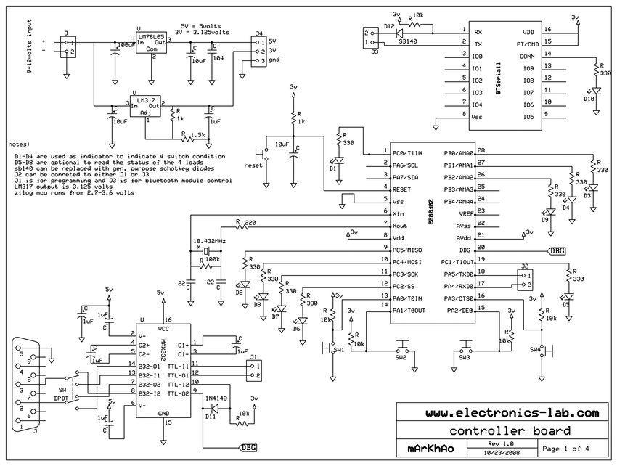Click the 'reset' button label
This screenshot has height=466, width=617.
click(x=253, y=165)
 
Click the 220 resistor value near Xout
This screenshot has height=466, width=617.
click(x=251, y=222)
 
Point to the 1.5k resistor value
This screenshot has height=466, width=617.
click(x=197, y=134)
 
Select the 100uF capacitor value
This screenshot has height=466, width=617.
click(x=125, y=45)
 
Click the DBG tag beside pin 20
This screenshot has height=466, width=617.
click(x=557, y=250)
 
